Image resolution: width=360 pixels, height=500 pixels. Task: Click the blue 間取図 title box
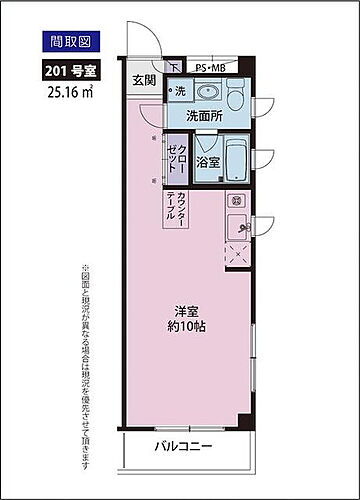(x=66, y=42)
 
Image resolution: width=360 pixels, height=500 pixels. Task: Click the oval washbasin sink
(x=210, y=92)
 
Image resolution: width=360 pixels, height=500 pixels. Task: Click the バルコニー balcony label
(x=184, y=446)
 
